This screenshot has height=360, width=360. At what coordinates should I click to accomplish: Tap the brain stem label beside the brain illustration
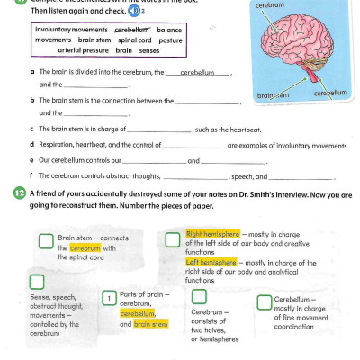click(x=273, y=94)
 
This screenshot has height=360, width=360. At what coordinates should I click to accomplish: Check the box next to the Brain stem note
click(x=46, y=240)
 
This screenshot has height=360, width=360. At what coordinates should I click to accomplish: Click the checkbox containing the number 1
click(x=108, y=298)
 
